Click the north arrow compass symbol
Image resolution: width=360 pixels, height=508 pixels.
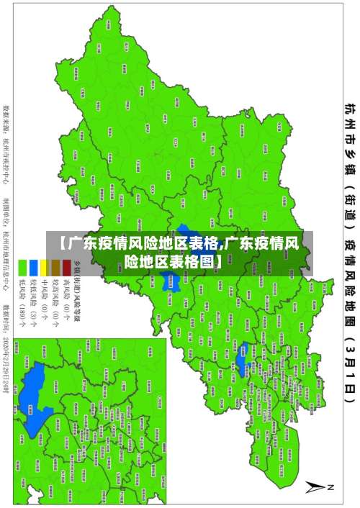(317, 487)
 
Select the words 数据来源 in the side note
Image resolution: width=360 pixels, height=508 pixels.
(7, 119)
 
